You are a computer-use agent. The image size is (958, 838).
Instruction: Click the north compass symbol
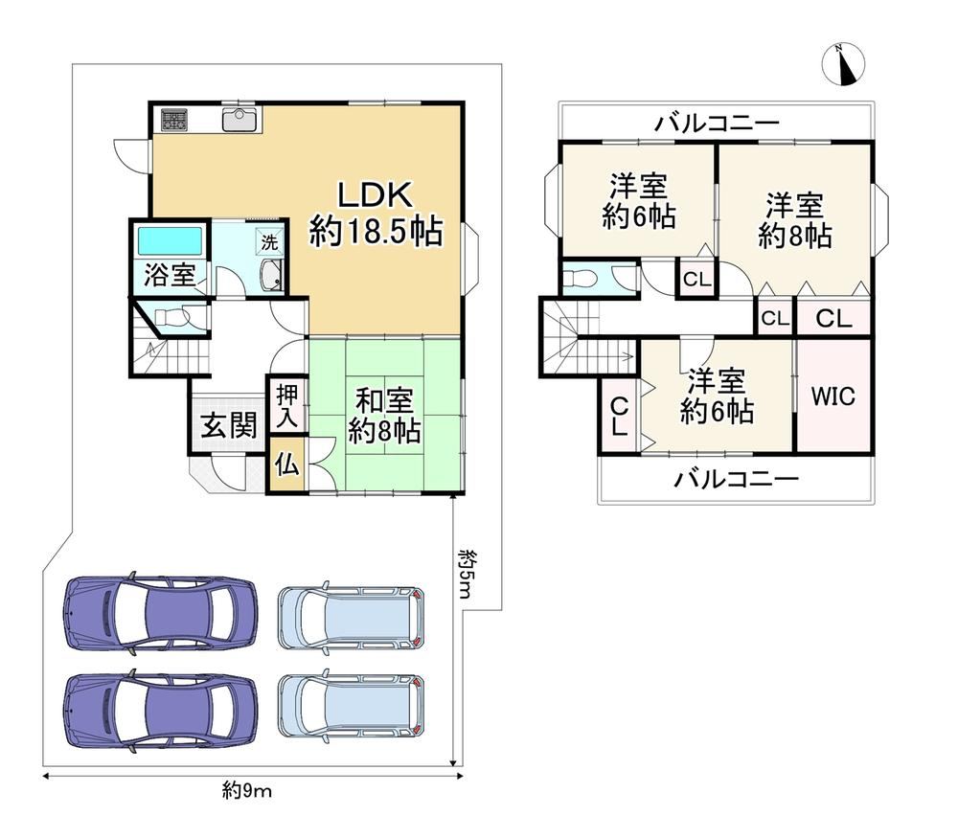click(843, 64)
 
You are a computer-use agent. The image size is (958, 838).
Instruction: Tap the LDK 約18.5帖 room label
click(376, 214)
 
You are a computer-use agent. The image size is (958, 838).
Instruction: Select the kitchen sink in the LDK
click(241, 119)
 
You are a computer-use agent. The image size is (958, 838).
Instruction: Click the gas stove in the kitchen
click(174, 119)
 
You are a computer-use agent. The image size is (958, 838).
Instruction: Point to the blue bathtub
click(170, 240)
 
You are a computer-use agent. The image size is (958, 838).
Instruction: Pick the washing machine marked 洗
click(269, 242)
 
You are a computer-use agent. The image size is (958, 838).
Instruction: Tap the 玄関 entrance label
click(229, 425)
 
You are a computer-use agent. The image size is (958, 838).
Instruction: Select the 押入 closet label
click(287, 406)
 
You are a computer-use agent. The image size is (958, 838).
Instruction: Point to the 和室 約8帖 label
click(384, 416)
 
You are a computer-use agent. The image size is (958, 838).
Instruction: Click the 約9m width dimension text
click(247, 791)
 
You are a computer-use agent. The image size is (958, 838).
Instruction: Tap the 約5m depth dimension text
click(466, 573)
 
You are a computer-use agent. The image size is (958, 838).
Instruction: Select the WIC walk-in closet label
click(833, 396)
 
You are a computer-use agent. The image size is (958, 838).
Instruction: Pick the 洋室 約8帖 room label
click(795, 220)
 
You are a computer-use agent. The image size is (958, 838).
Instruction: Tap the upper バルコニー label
click(718, 124)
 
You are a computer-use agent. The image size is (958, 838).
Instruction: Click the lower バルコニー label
click(736, 478)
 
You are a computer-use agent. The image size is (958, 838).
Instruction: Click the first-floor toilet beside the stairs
click(171, 318)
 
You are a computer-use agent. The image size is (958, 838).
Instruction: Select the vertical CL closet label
click(619, 416)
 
